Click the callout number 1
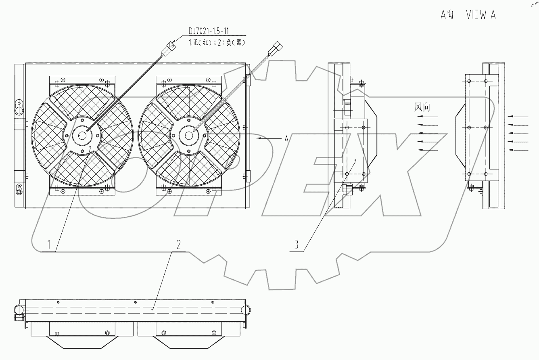click(x=49, y=244)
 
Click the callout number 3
click(x=297, y=244)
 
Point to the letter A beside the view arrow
click(x=286, y=139)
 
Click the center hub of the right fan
click(x=188, y=135)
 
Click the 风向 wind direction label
click(x=422, y=107)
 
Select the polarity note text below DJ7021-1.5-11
click(x=217, y=42)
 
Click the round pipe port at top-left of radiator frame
click(x=19, y=108)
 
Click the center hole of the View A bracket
click(x=469, y=128)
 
